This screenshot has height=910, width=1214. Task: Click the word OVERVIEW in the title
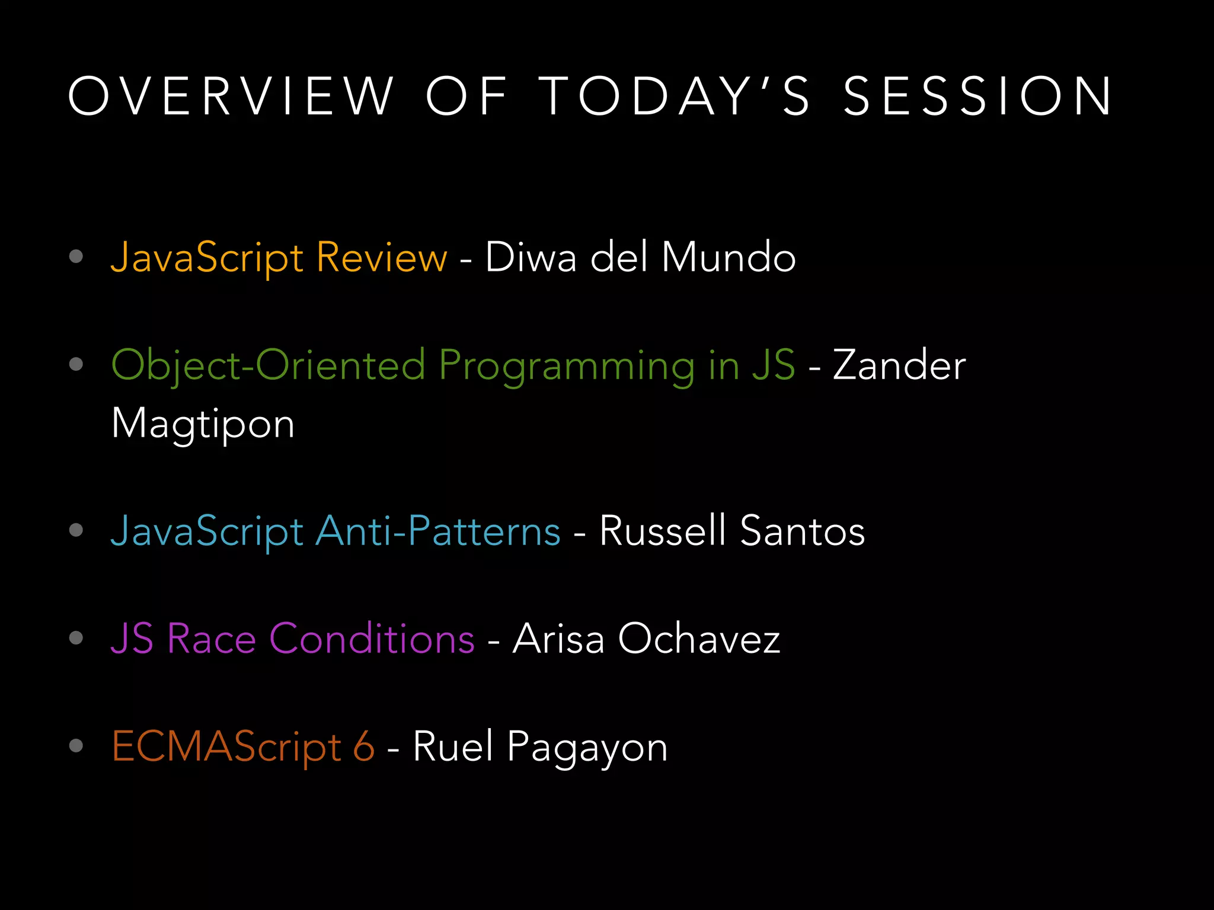tap(231, 96)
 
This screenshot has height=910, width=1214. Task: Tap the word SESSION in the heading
tap(978, 96)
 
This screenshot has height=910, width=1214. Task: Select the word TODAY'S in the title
tap(676, 96)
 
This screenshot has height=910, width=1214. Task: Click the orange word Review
tap(382, 258)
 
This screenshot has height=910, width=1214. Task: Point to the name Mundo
tap(729, 258)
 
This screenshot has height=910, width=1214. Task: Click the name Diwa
tap(531, 258)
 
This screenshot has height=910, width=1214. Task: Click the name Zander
tap(899, 365)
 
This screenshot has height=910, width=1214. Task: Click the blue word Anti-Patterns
tap(438, 531)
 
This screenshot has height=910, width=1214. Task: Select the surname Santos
tap(803, 531)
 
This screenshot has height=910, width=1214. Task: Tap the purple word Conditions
tap(372, 639)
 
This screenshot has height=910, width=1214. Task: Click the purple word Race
tap(212, 639)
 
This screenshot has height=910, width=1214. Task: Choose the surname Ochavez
tap(699, 639)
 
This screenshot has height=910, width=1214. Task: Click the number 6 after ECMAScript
tap(364, 746)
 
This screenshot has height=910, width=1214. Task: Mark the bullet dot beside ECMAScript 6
tap(76, 745)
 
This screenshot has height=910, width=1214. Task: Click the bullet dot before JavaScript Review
tap(76, 256)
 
